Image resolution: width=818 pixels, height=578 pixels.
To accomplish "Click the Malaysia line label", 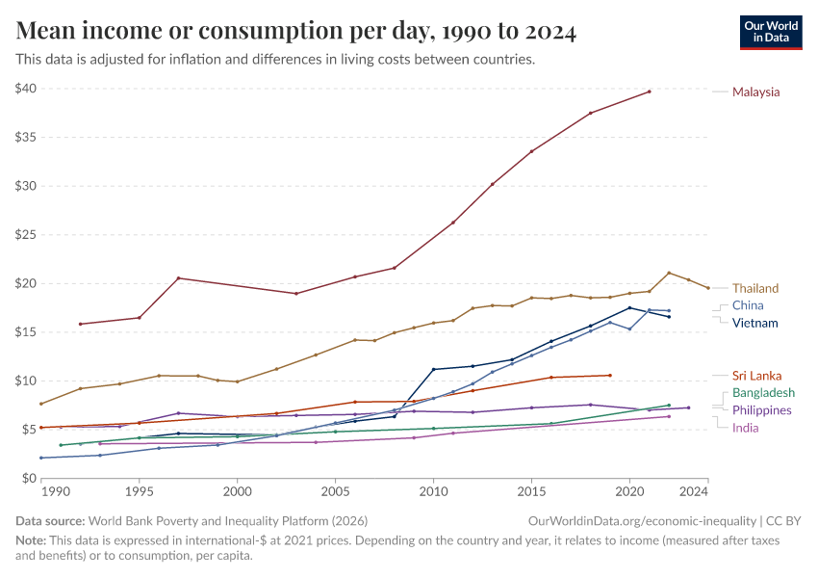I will (755, 92).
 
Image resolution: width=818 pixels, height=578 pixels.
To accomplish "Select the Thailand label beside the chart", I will (755, 288).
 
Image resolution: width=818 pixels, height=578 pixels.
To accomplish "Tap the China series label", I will (748, 305).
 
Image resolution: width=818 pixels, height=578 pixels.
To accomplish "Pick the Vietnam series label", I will (754, 323).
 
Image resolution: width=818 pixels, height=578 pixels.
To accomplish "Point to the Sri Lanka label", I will (756, 375).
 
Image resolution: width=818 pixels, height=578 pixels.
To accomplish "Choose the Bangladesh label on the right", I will (763, 392).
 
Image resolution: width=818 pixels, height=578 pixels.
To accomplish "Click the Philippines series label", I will (762, 409).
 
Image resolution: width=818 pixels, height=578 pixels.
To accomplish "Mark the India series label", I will (746, 427).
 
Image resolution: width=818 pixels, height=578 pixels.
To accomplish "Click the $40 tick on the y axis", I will (26, 89).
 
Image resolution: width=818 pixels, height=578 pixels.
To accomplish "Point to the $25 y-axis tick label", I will (26, 235).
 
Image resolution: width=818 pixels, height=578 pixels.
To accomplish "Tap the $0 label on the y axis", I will (30, 478).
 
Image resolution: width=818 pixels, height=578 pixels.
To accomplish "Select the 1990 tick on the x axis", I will (56, 491).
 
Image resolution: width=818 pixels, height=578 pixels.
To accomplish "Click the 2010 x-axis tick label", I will (433, 491).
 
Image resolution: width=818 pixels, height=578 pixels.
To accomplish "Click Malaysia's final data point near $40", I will (650, 92).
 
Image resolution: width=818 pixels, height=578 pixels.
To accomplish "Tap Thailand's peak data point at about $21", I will (669, 273).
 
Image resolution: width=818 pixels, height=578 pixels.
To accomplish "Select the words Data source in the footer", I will (49, 520).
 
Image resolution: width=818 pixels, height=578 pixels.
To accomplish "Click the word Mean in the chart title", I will (49, 32).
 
